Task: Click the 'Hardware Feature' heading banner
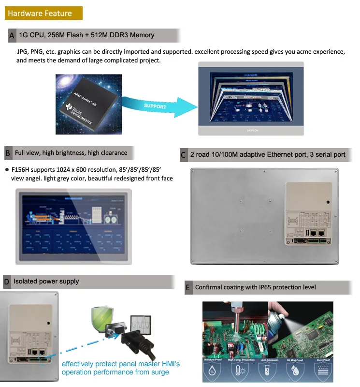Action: coord(43,13)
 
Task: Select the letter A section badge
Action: coord(12,35)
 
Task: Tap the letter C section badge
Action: coord(183,155)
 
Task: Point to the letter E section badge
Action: coord(188,287)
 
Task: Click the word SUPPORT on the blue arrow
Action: coord(155,106)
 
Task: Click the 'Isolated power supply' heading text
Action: coord(46,282)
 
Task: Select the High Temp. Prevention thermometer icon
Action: coord(241,371)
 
